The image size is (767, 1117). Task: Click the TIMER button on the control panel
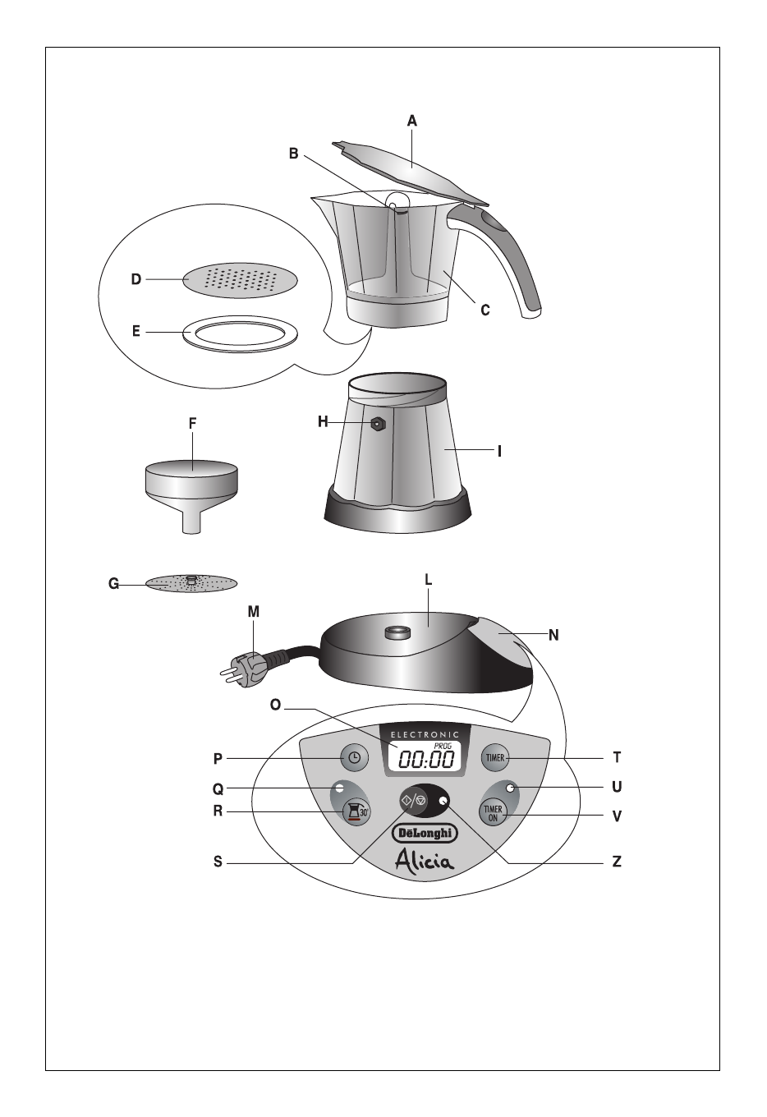[x=494, y=757]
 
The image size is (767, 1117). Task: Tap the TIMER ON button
[x=493, y=813]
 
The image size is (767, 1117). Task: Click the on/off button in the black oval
[x=414, y=801]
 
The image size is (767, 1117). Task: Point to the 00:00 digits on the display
[x=426, y=760]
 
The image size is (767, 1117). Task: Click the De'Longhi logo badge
[x=425, y=833]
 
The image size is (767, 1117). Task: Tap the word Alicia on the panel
[x=425, y=861]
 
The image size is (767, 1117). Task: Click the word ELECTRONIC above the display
[x=425, y=734]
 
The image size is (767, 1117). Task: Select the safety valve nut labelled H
[x=378, y=425]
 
